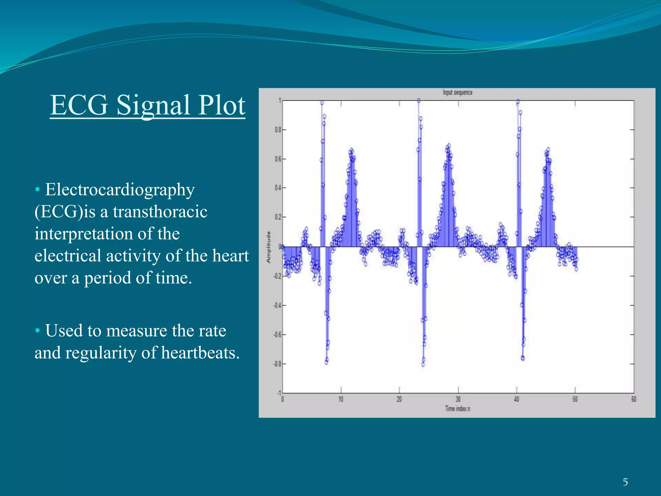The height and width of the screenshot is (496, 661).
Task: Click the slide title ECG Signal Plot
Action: (147, 105)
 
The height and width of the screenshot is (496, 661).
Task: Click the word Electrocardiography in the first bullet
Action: (120, 190)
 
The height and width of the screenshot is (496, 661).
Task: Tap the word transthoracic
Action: (160, 212)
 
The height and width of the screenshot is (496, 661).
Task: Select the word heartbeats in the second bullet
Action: (200, 353)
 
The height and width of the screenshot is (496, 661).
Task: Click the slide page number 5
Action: (625, 482)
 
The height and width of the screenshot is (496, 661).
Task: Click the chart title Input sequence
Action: (457, 93)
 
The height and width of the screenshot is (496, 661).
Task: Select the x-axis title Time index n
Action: (457, 409)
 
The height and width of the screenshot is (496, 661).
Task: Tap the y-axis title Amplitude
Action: (268, 247)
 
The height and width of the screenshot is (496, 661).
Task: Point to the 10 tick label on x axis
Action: (341, 399)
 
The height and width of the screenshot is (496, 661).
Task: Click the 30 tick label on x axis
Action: (458, 399)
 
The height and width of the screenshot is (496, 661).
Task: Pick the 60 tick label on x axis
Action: (634, 399)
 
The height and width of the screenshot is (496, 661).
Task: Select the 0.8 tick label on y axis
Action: (278, 130)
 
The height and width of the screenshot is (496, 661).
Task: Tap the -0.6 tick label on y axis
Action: (277, 335)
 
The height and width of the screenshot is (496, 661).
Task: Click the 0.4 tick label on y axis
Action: (278, 188)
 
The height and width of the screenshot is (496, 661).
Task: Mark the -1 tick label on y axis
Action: (279, 393)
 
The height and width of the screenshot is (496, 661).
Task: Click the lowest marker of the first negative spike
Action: (326, 362)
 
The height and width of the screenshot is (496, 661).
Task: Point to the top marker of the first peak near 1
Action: (322, 103)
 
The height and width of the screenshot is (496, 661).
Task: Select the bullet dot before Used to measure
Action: (37, 331)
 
